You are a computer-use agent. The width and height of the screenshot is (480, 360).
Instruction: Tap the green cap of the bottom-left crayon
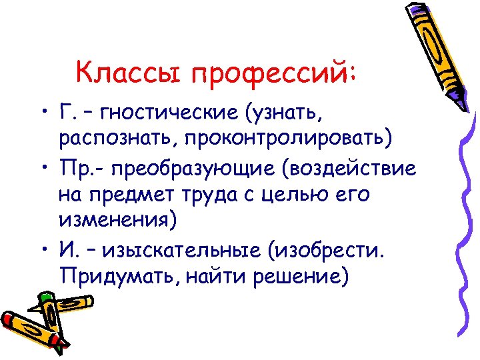tap(45, 298)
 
